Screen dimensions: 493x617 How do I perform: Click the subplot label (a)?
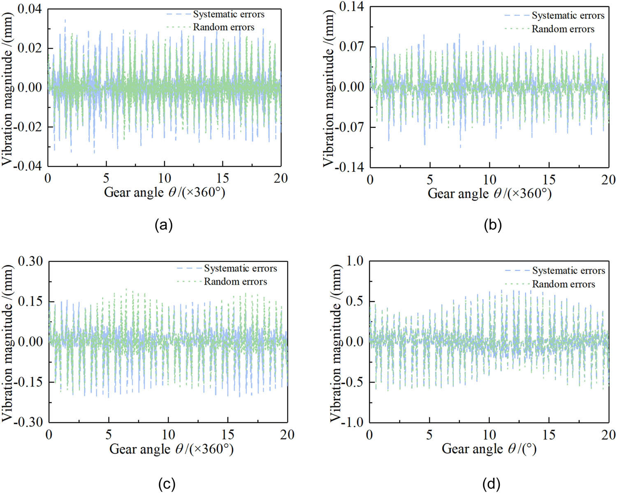coord(163,225)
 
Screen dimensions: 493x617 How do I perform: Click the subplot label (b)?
coord(492,225)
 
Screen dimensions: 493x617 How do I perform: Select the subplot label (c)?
coord(167,484)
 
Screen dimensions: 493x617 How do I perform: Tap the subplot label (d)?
coord(492,484)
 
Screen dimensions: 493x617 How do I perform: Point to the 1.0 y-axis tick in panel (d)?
coord(355,261)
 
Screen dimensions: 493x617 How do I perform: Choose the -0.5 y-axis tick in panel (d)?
coord(353,382)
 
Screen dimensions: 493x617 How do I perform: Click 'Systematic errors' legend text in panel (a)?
coord(229,14)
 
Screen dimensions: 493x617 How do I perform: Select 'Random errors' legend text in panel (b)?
coord(563,29)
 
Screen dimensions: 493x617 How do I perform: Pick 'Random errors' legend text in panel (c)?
coord(235,282)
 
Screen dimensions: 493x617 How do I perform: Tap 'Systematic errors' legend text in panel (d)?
coord(568,271)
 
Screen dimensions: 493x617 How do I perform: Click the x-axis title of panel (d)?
coord(489,449)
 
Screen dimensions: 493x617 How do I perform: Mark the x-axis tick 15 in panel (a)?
coord(223,178)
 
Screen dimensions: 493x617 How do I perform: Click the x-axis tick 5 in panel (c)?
coord(109,435)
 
